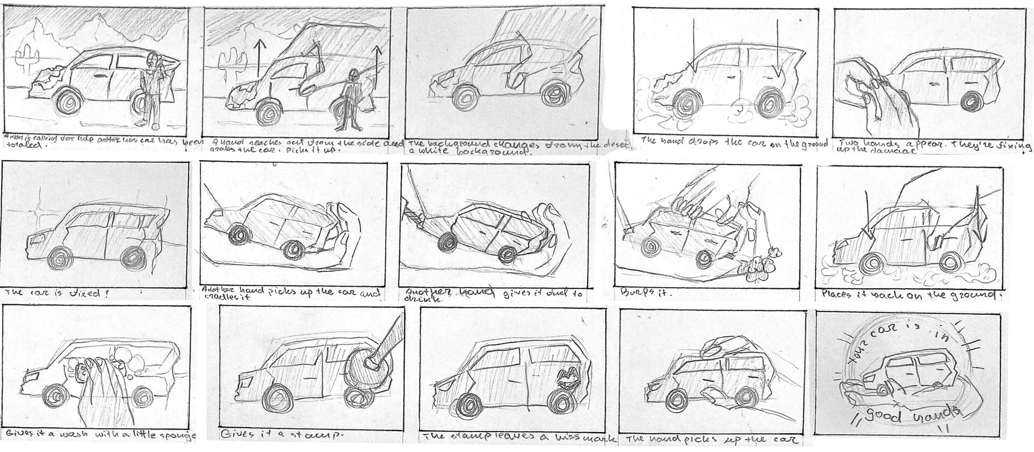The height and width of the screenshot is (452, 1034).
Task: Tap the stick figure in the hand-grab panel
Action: [x=351, y=100]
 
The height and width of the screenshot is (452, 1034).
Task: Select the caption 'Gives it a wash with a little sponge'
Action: [x=100, y=435]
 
